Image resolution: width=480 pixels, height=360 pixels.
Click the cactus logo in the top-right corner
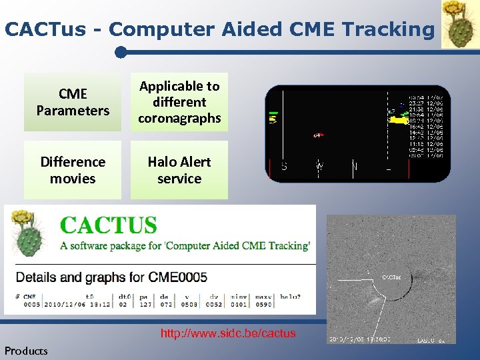(x=460, y=25)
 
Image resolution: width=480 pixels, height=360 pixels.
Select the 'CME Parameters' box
(x=73, y=102)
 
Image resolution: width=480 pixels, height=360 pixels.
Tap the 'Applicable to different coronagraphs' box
(x=179, y=102)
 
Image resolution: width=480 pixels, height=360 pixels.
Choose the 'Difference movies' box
(x=73, y=170)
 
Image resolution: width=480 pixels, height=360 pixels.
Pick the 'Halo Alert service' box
(x=179, y=170)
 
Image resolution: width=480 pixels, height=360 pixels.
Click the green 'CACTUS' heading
(x=109, y=225)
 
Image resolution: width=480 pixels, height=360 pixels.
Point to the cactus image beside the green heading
(x=28, y=233)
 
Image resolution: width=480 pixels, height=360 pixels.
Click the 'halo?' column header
(x=289, y=296)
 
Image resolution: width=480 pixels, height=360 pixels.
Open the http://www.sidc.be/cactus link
(x=228, y=333)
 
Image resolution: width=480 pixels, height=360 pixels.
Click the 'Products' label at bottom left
(x=26, y=351)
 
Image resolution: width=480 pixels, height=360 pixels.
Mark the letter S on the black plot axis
(x=284, y=166)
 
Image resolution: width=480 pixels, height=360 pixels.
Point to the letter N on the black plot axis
(x=354, y=166)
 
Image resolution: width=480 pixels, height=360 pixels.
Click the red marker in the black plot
(x=319, y=135)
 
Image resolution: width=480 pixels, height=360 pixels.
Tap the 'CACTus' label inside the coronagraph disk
(x=391, y=277)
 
